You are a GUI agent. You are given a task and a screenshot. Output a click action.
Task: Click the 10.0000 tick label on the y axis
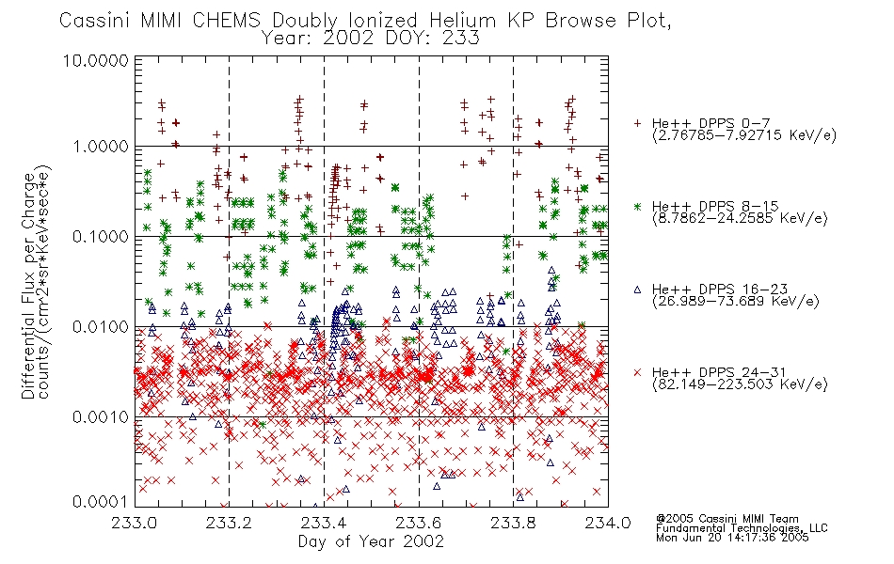pyautogui.click(x=96, y=60)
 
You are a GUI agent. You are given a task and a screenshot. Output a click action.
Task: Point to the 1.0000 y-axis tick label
pyautogui.click(x=101, y=147)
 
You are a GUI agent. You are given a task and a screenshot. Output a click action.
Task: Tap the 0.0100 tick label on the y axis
pyautogui.click(x=101, y=327)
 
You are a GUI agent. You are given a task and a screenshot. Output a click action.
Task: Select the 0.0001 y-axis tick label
pyautogui.click(x=101, y=501)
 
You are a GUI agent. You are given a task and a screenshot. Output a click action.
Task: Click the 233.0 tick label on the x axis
pyautogui.click(x=134, y=523)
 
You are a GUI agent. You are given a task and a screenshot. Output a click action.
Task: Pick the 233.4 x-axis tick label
pyautogui.click(x=324, y=523)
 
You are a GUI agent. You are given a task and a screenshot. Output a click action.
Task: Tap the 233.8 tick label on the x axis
pyautogui.click(x=513, y=523)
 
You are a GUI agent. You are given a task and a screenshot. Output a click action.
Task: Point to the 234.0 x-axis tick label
pyautogui.click(x=608, y=523)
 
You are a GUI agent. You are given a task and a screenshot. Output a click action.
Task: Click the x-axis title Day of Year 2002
pyautogui.click(x=371, y=541)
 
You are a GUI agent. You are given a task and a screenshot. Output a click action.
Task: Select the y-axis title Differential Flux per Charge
pyautogui.click(x=28, y=286)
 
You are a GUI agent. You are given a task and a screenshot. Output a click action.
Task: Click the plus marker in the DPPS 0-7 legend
pyautogui.click(x=637, y=123)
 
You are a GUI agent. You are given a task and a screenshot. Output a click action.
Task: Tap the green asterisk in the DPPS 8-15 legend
pyautogui.click(x=637, y=206)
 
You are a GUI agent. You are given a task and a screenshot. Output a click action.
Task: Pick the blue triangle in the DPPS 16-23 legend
pyautogui.click(x=637, y=290)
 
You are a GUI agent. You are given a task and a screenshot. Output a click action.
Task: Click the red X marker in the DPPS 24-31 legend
pyautogui.click(x=637, y=372)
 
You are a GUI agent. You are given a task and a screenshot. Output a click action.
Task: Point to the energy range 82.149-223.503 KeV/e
pyautogui.click(x=740, y=384)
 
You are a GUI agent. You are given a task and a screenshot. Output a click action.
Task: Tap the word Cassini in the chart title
pyautogui.click(x=96, y=21)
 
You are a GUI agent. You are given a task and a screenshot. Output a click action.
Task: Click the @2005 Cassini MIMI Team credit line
pyautogui.click(x=727, y=519)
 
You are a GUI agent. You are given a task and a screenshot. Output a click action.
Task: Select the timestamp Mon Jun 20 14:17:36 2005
pyautogui.click(x=732, y=538)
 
